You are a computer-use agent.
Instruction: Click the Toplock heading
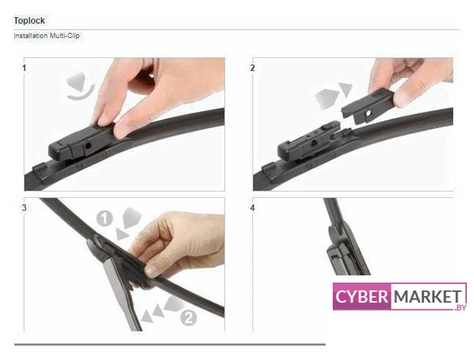[29, 21]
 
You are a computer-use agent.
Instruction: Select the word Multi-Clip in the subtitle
[65, 36]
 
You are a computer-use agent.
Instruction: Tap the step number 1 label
[24, 68]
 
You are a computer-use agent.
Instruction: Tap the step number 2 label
[252, 68]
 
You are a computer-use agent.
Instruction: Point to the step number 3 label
[24, 208]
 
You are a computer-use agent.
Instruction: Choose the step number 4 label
[252, 208]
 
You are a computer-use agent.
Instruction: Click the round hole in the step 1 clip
[88, 146]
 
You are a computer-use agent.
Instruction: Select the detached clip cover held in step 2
[368, 107]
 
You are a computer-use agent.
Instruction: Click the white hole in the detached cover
[369, 113]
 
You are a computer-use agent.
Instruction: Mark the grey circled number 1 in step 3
[104, 219]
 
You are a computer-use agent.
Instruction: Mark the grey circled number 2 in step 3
[189, 318]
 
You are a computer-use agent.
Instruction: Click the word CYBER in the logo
[361, 296]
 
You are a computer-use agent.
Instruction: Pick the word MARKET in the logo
[427, 296]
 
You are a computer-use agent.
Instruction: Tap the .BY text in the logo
[460, 308]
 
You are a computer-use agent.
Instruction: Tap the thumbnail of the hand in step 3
[152, 271]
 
